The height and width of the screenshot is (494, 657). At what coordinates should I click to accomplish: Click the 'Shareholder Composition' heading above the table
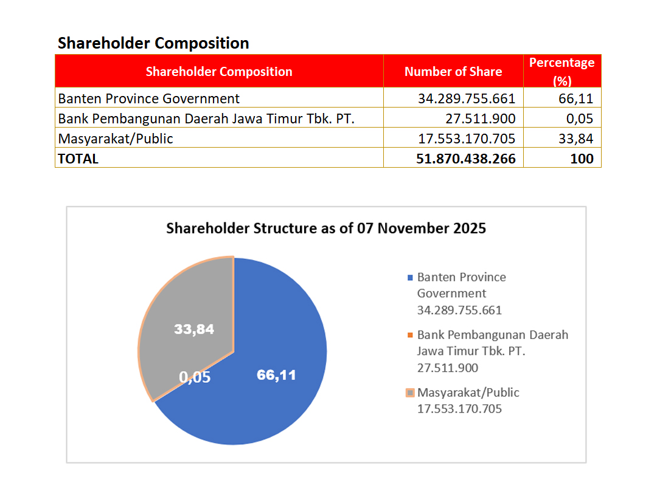coord(153,43)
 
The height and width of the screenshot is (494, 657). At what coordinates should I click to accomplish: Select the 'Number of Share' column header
coord(453,72)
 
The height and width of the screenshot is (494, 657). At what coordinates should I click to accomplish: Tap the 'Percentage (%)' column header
coord(561,71)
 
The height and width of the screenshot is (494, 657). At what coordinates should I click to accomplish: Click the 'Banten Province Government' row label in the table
coord(149,98)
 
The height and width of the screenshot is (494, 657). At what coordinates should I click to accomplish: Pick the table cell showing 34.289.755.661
coord(467,98)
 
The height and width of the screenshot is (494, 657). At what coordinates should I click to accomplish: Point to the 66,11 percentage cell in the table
coord(575,98)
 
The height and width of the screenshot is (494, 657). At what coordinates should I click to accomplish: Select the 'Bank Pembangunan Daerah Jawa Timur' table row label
coord(206,118)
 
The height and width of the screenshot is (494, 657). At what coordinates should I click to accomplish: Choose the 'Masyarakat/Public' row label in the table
coord(116,139)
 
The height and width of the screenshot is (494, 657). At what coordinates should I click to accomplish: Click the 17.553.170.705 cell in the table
coord(467,139)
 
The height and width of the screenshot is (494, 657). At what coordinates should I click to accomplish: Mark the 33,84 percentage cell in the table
coord(575,139)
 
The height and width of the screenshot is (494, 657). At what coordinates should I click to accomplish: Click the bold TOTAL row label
coord(78,159)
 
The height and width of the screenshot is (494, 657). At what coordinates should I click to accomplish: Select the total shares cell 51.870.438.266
coord(466,159)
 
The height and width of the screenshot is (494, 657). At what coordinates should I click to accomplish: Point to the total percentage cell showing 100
coord(582,159)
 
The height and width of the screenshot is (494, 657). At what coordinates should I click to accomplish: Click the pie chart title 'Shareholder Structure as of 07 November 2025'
coord(326,228)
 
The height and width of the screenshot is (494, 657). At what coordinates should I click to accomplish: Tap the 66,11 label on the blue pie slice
coord(276,375)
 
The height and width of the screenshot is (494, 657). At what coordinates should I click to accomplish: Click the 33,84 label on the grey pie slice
coord(194,329)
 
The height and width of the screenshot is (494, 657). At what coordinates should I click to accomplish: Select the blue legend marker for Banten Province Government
coord(410,278)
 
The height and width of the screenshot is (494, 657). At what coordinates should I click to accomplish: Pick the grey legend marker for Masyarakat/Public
coord(410,393)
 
